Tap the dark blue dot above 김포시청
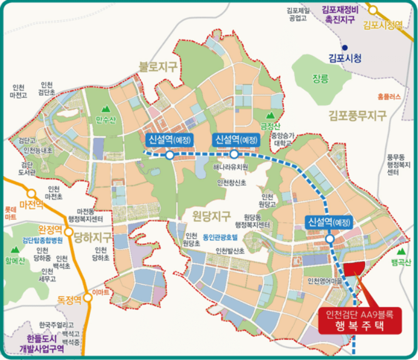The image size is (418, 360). tap(345, 47)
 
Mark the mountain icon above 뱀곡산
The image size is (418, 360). tap(401, 251)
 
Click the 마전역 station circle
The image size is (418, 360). tap(32, 193)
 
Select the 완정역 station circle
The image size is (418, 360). tap(69, 233)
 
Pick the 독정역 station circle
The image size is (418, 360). tap(88, 293)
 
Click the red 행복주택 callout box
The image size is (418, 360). tap(360, 321)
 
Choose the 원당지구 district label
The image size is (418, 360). tap(211, 215)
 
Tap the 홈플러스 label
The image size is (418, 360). tap(389, 97)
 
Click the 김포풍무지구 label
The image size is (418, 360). tap(356, 115)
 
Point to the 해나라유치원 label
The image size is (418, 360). tap(230, 167)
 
